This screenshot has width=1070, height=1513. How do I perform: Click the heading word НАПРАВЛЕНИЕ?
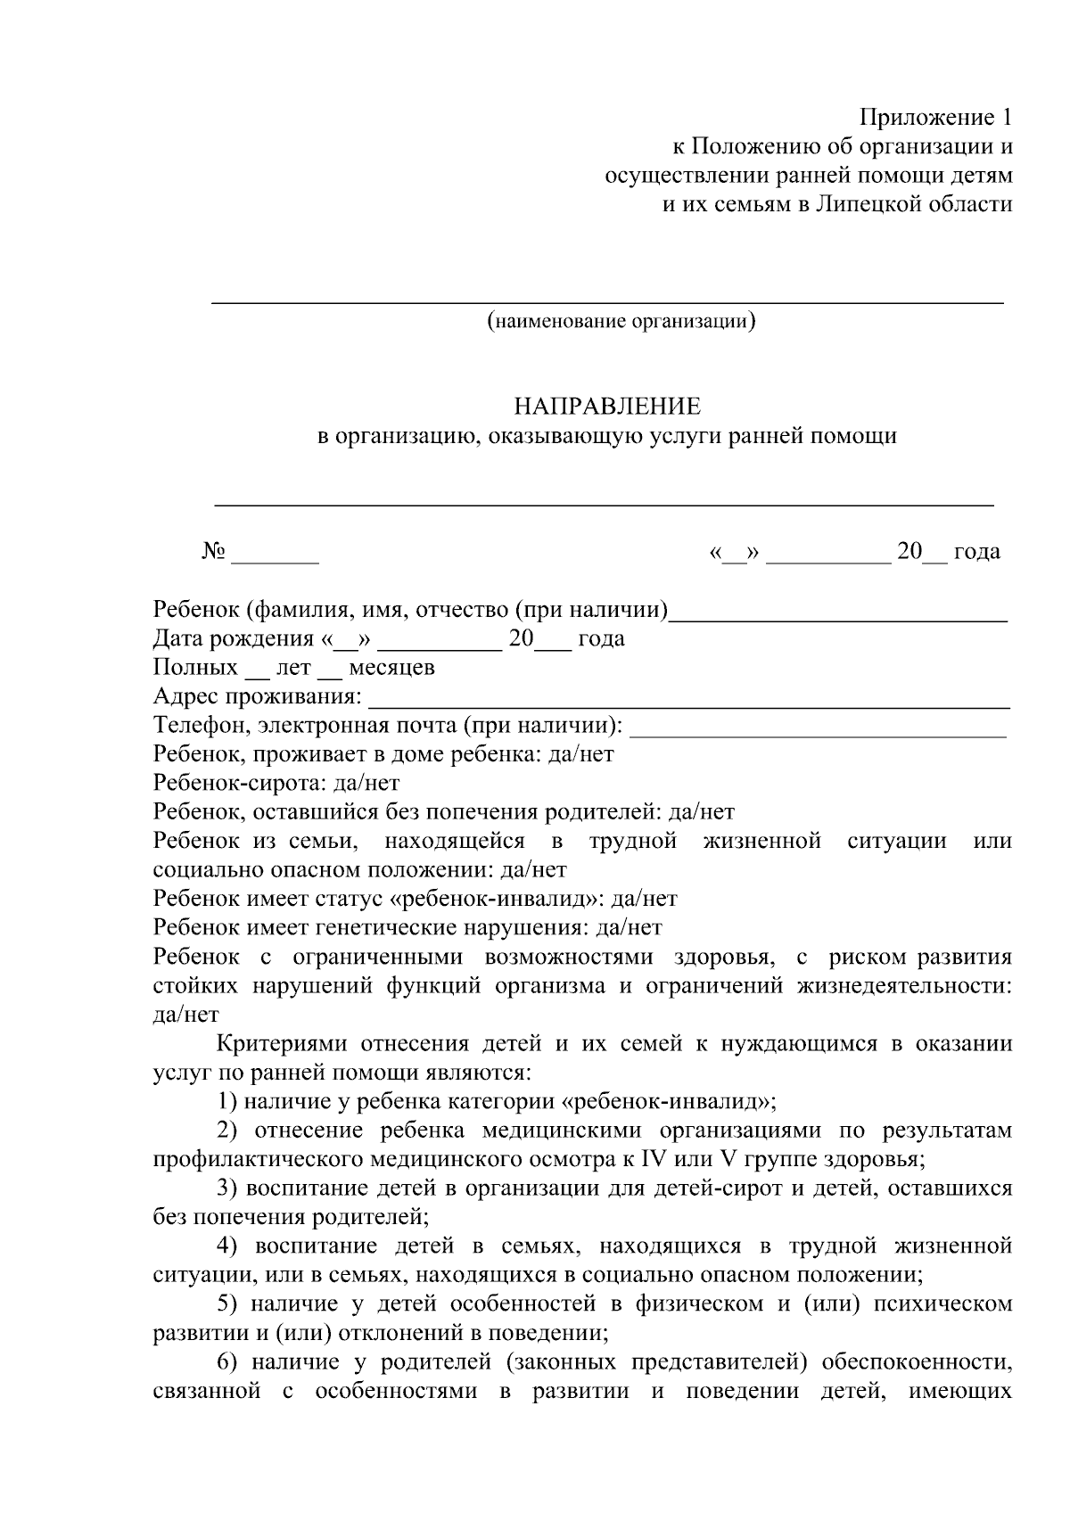pos(606,407)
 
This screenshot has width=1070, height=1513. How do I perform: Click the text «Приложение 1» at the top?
pos(935,118)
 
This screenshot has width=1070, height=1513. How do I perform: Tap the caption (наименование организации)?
pos(621,321)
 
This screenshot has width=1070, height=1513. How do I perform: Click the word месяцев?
pos(391,668)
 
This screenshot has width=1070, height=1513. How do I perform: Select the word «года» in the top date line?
pos(977,552)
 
